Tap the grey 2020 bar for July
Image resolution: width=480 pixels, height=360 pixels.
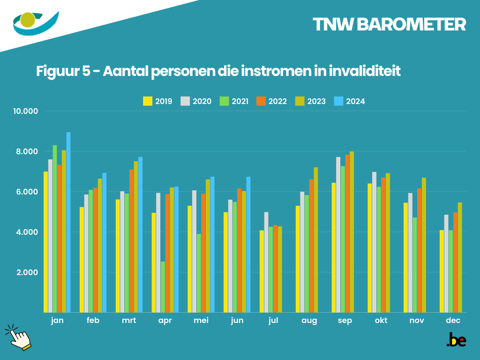coord(266,262)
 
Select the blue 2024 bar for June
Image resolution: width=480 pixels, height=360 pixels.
coord(248,244)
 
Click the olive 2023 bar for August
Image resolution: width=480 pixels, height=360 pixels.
coord(316,240)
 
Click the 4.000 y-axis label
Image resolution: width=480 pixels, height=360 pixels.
coord(27,232)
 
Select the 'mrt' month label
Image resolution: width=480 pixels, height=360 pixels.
coord(129,321)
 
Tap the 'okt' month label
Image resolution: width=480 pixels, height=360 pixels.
coord(382,321)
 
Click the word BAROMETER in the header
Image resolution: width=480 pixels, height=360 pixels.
coord(411,25)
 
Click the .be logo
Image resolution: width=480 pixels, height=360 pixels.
coord(456,340)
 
